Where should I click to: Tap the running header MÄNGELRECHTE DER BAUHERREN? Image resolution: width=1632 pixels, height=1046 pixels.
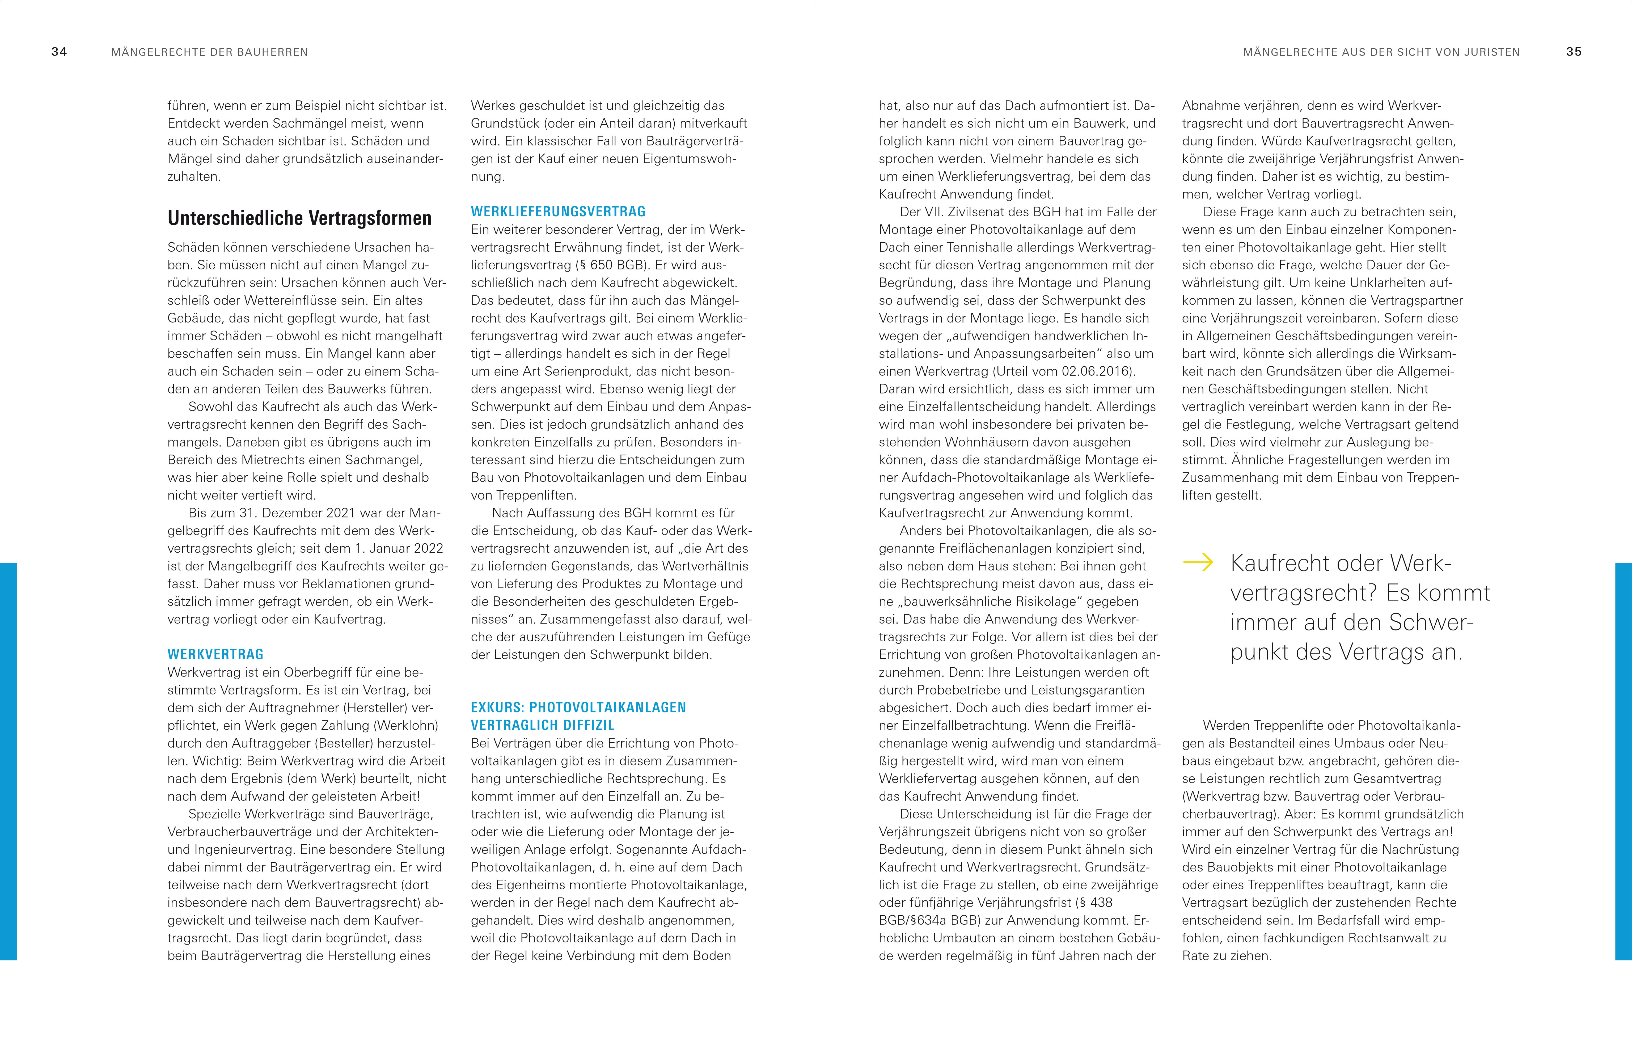209,52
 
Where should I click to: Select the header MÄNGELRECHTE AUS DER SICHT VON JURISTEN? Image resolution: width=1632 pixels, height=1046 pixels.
1381,52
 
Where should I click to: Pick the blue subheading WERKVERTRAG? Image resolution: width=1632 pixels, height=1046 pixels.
215,654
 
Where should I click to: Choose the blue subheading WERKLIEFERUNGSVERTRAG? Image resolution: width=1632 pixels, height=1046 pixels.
558,211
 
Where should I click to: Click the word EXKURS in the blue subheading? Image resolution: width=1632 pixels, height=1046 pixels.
497,707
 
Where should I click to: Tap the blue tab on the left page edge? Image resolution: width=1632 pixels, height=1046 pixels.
8,761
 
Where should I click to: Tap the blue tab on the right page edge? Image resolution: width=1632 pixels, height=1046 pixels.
1623,761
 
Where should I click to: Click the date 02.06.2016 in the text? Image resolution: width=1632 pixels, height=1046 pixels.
1096,371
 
